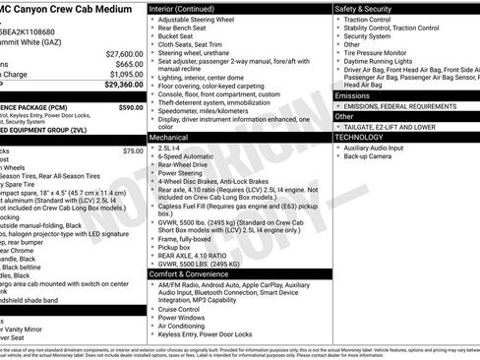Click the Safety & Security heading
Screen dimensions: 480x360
click(x=366, y=8)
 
